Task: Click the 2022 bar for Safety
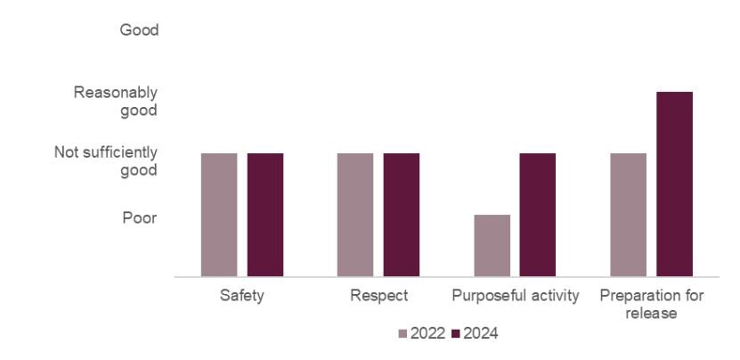click(x=219, y=215)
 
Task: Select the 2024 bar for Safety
click(x=265, y=215)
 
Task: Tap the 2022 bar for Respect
click(x=355, y=215)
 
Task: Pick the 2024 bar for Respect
click(x=402, y=215)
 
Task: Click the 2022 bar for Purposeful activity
click(x=492, y=246)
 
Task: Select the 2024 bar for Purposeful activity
click(x=538, y=215)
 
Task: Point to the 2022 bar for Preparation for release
click(x=629, y=215)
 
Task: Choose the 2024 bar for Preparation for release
click(x=674, y=184)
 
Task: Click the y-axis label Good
click(x=139, y=30)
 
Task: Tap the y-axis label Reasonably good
click(x=116, y=102)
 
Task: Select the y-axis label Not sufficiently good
click(x=106, y=161)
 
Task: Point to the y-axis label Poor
click(x=140, y=217)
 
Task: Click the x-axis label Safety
click(x=242, y=295)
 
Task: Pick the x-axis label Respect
click(x=378, y=295)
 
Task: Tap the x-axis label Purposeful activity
click(x=516, y=295)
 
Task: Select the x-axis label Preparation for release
click(x=652, y=304)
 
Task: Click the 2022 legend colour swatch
click(x=403, y=334)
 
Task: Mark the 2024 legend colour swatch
click(x=457, y=334)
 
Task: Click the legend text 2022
click(x=427, y=334)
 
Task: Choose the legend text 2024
click(x=481, y=334)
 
